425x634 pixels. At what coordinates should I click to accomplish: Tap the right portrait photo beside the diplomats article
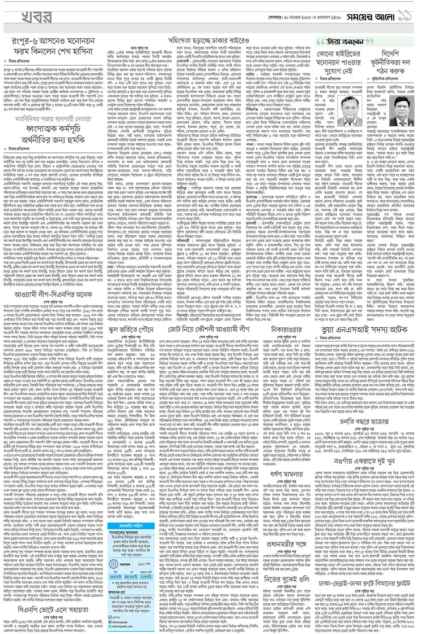tap(404, 113)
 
